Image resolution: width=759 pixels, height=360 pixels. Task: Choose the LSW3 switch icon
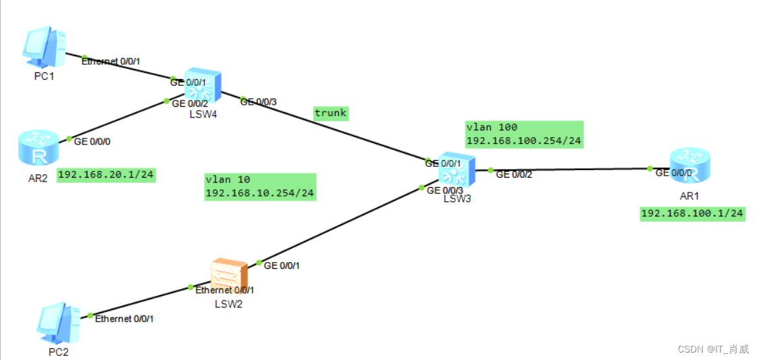(x=456, y=170)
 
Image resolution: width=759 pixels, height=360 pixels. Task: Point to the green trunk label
(x=331, y=113)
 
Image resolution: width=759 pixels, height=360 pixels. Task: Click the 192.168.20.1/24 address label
(x=106, y=175)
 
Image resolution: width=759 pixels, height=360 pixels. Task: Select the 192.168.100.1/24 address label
(x=692, y=213)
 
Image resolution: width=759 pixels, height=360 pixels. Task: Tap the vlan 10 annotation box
(x=260, y=186)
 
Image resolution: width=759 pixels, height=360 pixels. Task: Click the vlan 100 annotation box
(x=524, y=134)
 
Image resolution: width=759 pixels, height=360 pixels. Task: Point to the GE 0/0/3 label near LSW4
(x=257, y=102)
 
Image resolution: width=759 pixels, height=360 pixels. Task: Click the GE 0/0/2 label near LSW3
(x=514, y=174)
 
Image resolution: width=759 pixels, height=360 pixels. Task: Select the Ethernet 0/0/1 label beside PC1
(x=111, y=61)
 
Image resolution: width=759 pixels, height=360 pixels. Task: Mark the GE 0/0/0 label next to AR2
(x=93, y=142)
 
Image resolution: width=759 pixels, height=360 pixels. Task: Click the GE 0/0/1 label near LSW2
(x=282, y=265)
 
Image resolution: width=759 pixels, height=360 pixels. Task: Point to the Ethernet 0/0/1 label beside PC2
(x=124, y=318)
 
